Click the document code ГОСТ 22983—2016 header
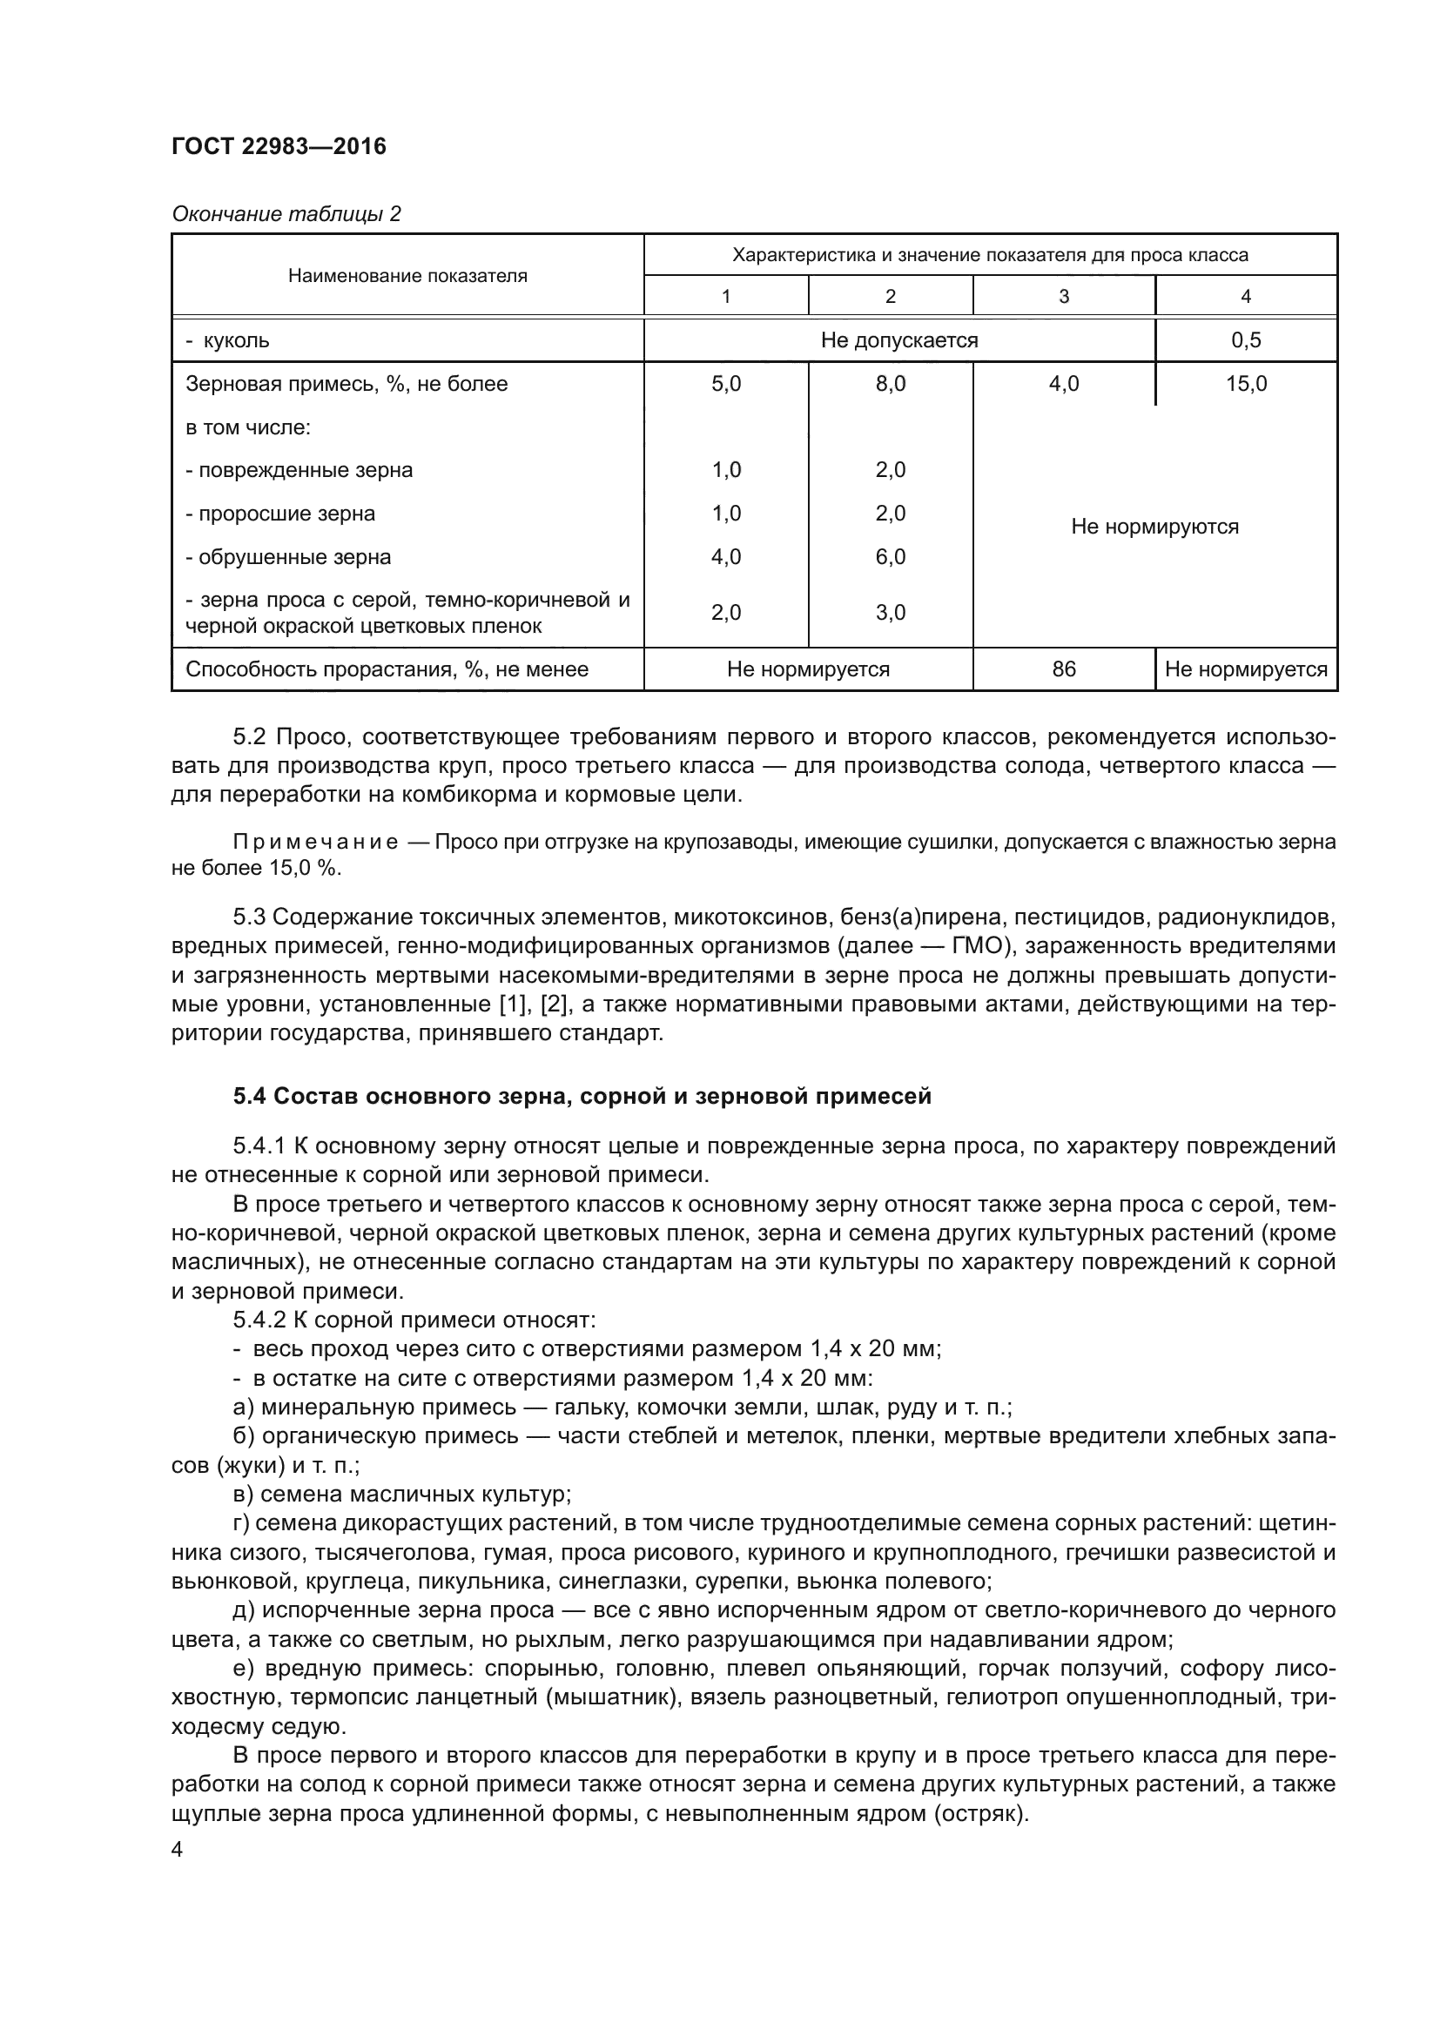pyautogui.click(x=279, y=146)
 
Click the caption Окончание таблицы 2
pyautogui.click(x=286, y=214)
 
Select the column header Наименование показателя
pyautogui.click(x=407, y=276)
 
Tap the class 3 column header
pyautogui.click(x=1063, y=296)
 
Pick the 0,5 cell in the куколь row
pyautogui.click(x=1246, y=340)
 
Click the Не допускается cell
pyautogui.click(x=899, y=340)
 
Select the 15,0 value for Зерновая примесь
pyautogui.click(x=1246, y=384)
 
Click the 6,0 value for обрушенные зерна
pyautogui.click(x=891, y=557)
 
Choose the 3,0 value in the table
pyautogui.click(x=891, y=613)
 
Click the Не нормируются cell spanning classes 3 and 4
pyautogui.click(x=1154, y=527)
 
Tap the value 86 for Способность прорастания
pyautogui.click(x=1063, y=669)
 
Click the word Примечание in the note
pyautogui.click(x=315, y=842)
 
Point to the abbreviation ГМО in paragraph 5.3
pyautogui.click(x=978, y=946)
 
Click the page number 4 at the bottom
pyautogui.click(x=178, y=1850)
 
